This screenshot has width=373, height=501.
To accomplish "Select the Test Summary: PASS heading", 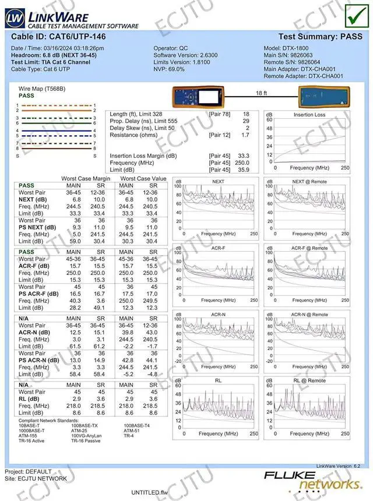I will pos(320,36).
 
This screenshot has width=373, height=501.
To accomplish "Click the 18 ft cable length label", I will pos(261,93).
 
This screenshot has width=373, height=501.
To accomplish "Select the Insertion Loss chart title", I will pos(309,115).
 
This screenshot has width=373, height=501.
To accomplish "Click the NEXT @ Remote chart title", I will pos(309,182).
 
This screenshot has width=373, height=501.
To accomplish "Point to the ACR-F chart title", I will pos(218,248).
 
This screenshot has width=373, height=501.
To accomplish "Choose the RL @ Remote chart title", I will pos(309,380).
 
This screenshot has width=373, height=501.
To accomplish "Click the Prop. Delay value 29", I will pos(246,121).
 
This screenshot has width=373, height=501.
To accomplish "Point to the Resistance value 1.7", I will pos(245,135).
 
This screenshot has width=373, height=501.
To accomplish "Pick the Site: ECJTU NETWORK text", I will pos(36,478).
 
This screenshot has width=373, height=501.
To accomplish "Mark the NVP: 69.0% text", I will pos(169,69).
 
